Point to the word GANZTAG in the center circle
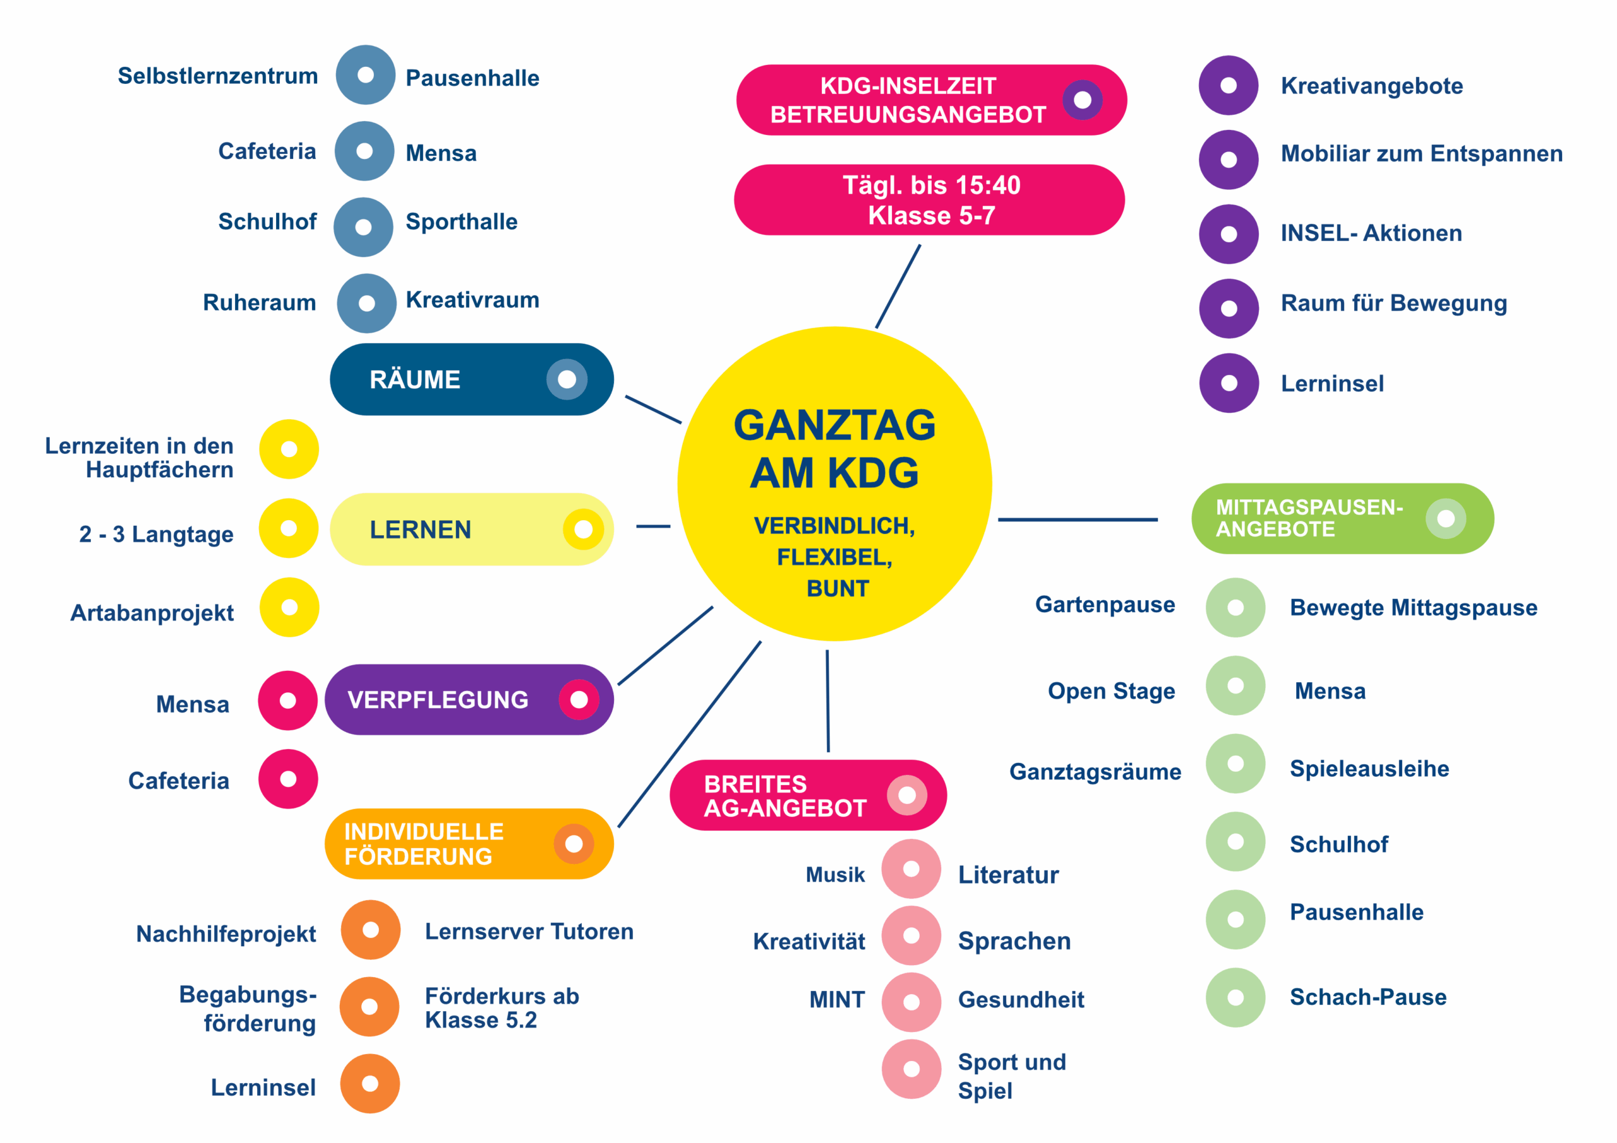tap(834, 426)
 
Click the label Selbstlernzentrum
tap(218, 76)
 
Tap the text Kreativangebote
tap(1371, 86)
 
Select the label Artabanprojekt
tap(152, 613)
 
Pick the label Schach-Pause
tap(1368, 997)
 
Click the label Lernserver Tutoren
tap(529, 932)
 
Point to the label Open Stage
tap(1111, 691)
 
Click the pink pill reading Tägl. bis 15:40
tap(929, 200)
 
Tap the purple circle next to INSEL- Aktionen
tap(1229, 234)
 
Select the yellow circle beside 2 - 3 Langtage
tap(289, 528)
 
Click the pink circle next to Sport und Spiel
tap(911, 1069)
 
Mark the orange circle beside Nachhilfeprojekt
tap(370, 930)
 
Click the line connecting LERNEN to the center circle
tap(653, 526)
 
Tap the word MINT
tap(837, 1000)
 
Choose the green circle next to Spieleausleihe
tap(1235, 764)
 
